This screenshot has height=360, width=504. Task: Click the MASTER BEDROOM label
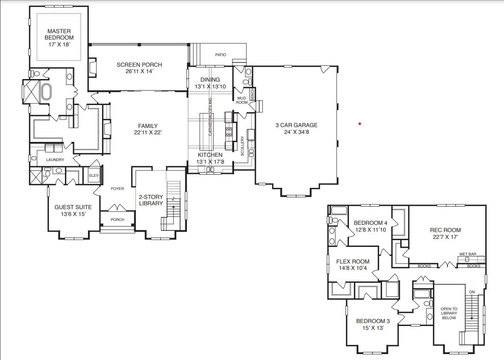(x=59, y=34)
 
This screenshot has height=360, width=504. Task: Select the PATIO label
(x=221, y=55)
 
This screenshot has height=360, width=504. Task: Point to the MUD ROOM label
(x=242, y=100)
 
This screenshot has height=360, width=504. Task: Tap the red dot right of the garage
(x=360, y=124)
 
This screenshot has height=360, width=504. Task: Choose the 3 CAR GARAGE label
(x=296, y=125)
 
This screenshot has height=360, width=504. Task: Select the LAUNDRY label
(x=55, y=160)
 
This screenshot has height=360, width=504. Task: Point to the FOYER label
(x=117, y=189)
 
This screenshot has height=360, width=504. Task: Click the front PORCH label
(x=117, y=220)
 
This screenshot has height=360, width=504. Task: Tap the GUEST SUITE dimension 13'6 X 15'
(x=73, y=214)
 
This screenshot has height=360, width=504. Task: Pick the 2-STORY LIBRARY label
(x=151, y=200)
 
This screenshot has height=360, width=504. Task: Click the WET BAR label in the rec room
(x=467, y=254)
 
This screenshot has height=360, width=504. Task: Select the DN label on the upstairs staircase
(x=472, y=292)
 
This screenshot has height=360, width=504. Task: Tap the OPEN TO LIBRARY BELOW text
(x=449, y=314)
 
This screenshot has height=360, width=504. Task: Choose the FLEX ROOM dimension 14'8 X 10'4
(x=353, y=268)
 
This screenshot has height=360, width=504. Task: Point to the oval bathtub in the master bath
(x=45, y=92)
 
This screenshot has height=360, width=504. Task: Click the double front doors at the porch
(x=117, y=209)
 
